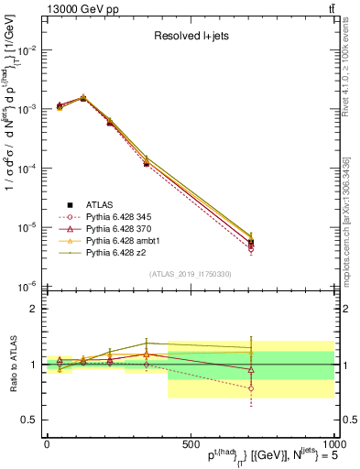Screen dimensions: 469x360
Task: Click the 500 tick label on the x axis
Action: tap(190, 443)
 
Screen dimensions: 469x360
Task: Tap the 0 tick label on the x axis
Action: tap(47, 443)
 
